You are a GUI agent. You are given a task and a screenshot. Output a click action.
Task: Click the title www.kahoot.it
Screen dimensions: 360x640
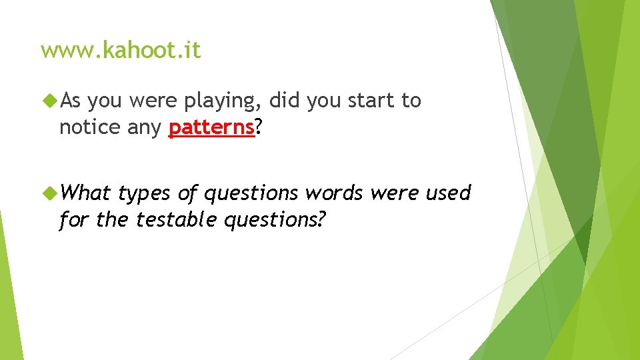coord(121,51)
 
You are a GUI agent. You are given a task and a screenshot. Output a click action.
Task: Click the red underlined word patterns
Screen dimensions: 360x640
coord(212,127)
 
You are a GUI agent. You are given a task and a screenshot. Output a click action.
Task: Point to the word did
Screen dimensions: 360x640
coord(285,101)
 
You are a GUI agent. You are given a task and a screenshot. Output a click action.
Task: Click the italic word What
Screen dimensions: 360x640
coord(85,193)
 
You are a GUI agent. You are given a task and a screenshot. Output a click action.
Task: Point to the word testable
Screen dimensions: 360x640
coord(177,219)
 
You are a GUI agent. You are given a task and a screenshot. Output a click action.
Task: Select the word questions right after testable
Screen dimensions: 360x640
coord(275,219)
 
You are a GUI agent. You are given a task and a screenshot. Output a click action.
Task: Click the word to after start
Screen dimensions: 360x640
coord(411,101)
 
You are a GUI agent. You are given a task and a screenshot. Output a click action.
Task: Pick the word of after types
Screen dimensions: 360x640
coord(187,193)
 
